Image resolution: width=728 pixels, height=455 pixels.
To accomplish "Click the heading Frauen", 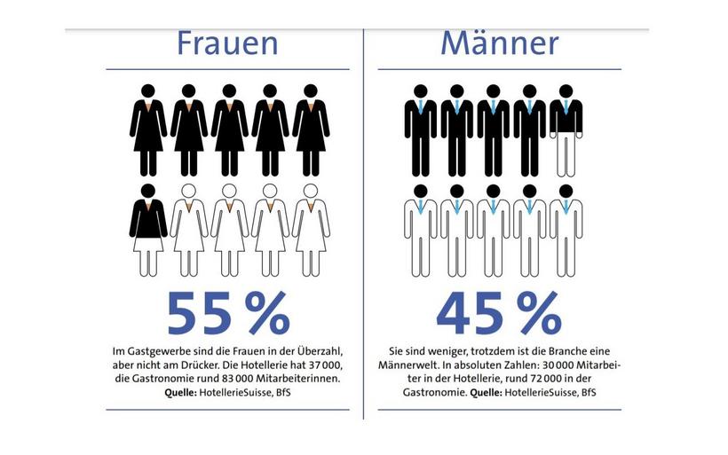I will click(x=227, y=43).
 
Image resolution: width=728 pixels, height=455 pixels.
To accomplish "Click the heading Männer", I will click(x=499, y=43).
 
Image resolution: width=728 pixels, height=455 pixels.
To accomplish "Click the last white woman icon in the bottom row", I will click(x=310, y=229).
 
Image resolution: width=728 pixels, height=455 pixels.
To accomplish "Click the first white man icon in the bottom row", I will click(x=421, y=229).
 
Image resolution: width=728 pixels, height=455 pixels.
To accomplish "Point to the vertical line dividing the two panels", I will click(x=364, y=222).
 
